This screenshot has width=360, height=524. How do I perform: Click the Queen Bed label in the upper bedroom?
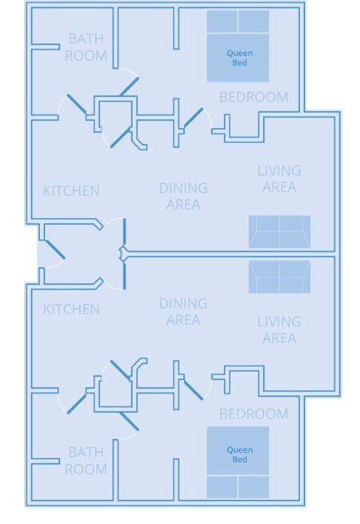[x=240, y=58]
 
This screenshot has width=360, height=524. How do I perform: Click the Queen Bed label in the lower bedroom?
[x=240, y=454]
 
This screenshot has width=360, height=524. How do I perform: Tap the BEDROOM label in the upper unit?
[x=254, y=97]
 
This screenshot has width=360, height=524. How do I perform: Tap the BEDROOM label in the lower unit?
[x=254, y=414]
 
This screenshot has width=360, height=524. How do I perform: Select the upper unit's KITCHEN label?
[x=71, y=191]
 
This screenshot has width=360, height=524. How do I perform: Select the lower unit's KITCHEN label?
[x=71, y=309]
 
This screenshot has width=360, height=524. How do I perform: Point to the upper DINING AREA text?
[x=183, y=196]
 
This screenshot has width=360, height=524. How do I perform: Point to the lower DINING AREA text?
[x=183, y=311]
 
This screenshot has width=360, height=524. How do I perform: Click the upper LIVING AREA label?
[x=279, y=178]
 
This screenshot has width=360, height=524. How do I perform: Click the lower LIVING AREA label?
[x=279, y=330]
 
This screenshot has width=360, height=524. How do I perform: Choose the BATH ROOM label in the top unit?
[x=86, y=46]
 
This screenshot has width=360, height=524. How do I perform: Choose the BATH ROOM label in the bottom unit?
[x=86, y=461]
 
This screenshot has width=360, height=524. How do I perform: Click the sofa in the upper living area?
[x=279, y=231]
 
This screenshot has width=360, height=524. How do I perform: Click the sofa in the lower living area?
[x=279, y=277]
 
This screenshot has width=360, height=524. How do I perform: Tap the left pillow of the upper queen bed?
[x=222, y=22]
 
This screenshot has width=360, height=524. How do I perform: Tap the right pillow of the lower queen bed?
[x=254, y=487]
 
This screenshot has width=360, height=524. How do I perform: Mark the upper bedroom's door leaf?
[x=194, y=118]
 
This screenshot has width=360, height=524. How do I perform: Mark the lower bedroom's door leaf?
[x=194, y=390]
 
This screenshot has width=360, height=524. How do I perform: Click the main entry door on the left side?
[x=55, y=250]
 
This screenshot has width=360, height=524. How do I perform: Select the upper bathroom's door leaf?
[x=77, y=104]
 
